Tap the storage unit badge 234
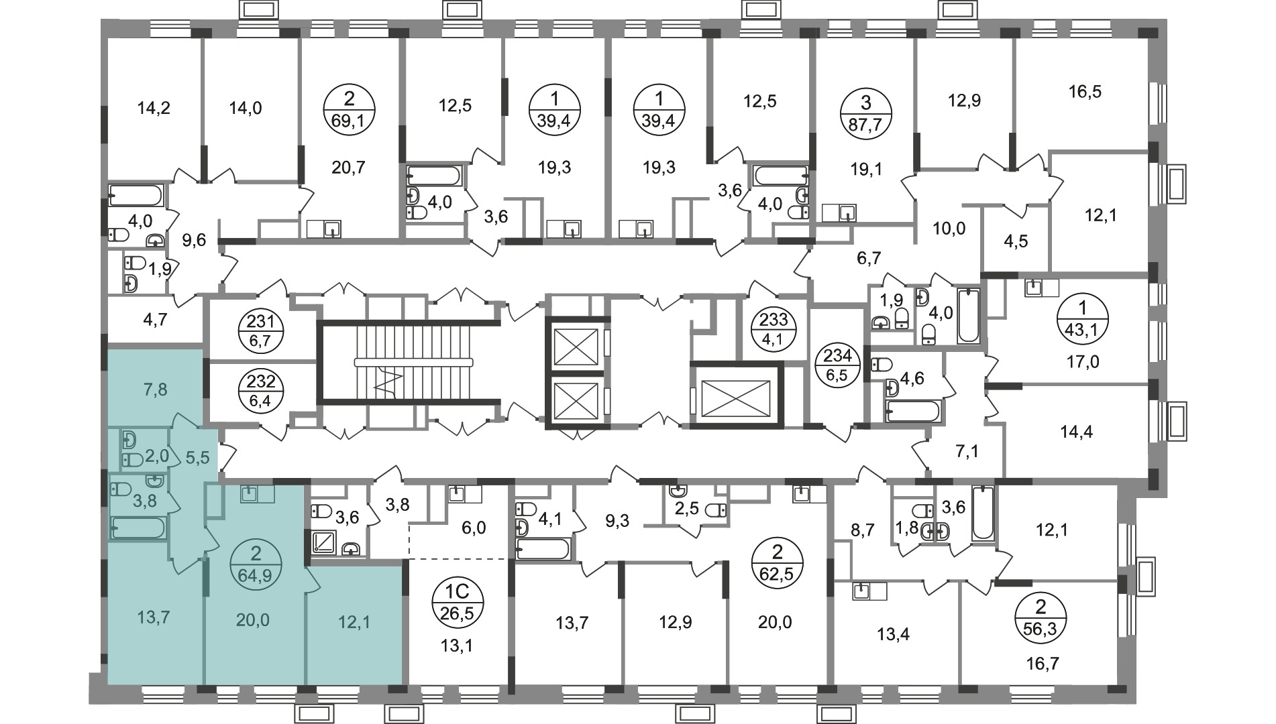839,365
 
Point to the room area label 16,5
1085,91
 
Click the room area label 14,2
154,107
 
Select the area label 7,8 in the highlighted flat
155,389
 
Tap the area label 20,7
348,167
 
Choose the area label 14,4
1076,432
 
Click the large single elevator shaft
737,395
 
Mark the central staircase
409,363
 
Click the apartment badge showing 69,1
349,111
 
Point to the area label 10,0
949,229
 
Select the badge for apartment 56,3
1041,618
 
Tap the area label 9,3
617,520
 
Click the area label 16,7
1041,664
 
